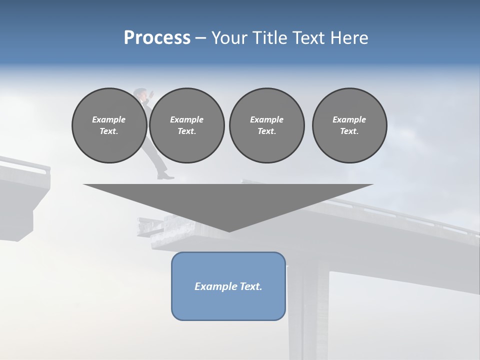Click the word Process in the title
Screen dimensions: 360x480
pyautogui.click(x=157, y=38)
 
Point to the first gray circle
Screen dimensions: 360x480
pyautogui.click(x=109, y=125)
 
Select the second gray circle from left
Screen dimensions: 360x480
pyautogui.click(x=186, y=125)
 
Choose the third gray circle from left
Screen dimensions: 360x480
pyautogui.click(x=266, y=125)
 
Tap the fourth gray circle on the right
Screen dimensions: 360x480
pyautogui.click(x=349, y=125)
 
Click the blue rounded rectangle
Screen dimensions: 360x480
pyautogui.click(x=228, y=286)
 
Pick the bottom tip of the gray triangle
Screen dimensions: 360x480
pyautogui.click(x=229, y=230)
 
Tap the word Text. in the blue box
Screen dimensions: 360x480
pyautogui.click(x=250, y=286)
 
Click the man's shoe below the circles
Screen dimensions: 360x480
pyautogui.click(x=166, y=176)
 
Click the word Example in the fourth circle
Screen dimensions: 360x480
pyautogui.click(x=349, y=119)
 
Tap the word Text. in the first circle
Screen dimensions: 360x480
pyautogui.click(x=109, y=131)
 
